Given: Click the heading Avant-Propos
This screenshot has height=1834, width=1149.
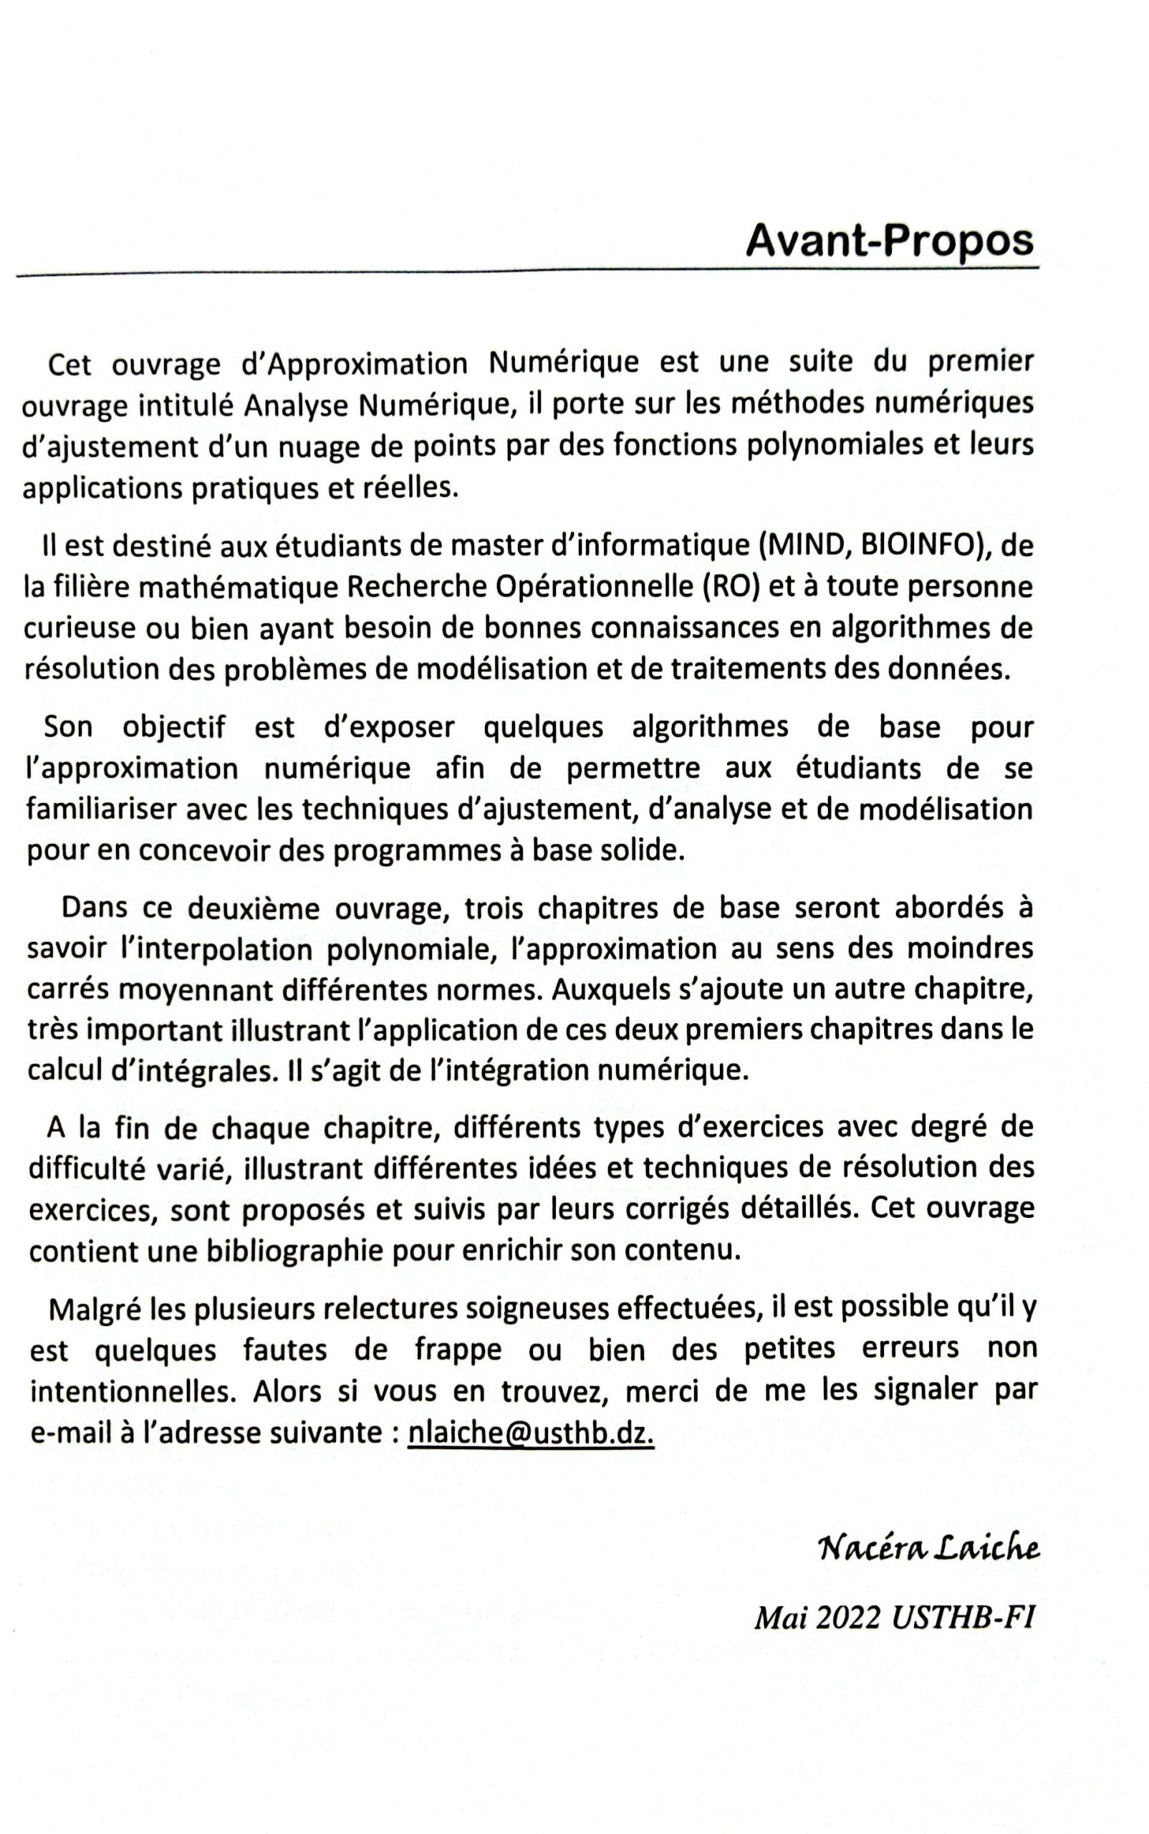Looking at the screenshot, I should point(890,242).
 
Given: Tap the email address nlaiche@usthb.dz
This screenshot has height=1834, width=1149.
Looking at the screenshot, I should point(530,1432).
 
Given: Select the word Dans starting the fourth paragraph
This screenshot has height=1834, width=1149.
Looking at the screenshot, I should point(93,908).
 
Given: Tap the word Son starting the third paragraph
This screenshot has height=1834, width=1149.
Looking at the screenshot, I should point(68,727).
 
